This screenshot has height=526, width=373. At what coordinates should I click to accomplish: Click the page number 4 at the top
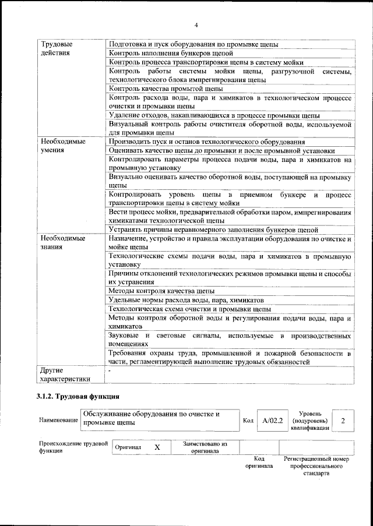196,25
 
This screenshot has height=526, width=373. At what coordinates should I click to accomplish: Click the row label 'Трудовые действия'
56,48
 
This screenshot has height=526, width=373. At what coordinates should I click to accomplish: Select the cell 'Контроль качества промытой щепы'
166,89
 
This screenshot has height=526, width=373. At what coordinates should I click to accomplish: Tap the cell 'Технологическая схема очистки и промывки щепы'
189,309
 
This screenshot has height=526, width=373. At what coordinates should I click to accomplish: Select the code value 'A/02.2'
272,419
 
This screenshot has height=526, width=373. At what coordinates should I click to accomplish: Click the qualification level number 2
343,419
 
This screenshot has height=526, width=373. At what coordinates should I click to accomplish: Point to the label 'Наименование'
58,420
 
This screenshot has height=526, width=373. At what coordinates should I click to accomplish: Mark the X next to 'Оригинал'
157,447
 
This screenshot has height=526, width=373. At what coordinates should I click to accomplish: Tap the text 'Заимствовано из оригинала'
204,447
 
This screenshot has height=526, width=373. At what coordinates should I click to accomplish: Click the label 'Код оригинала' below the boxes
259,463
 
